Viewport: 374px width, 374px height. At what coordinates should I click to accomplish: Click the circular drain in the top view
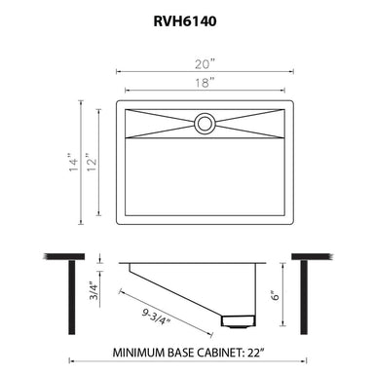coord(205,123)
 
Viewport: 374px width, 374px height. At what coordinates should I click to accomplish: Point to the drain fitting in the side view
coord(238,319)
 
